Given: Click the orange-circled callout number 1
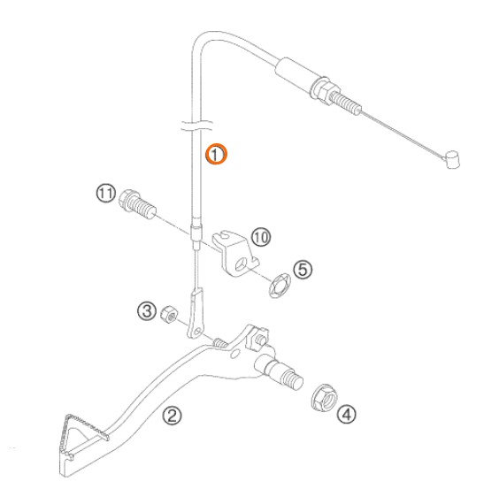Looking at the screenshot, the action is click(216, 154).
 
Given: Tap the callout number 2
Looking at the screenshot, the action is click(172, 416).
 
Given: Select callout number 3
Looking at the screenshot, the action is click(147, 311).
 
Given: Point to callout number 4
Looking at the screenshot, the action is click(346, 415).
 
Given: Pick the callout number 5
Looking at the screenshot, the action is click(303, 270).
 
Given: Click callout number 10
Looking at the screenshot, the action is click(261, 237).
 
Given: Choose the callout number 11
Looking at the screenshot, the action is click(106, 194).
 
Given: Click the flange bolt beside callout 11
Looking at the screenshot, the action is click(137, 204).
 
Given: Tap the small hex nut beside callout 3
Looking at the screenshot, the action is click(170, 315).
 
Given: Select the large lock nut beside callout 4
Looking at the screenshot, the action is click(325, 398).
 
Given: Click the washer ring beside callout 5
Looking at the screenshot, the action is click(280, 286).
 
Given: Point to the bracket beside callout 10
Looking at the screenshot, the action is click(235, 253).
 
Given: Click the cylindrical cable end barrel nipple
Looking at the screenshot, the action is click(452, 160).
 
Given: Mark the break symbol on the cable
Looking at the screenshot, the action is click(196, 125).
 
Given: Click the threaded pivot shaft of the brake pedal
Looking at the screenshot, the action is click(286, 373).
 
